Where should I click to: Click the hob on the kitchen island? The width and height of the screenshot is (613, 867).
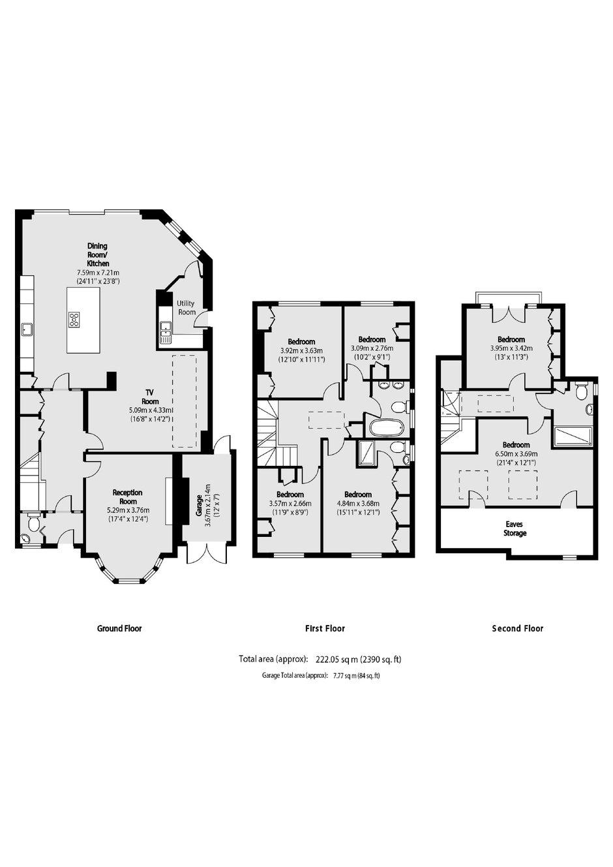click(x=74, y=320)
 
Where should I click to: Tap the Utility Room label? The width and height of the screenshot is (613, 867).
click(x=186, y=308)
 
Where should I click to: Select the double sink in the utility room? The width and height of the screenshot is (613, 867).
click(x=165, y=332)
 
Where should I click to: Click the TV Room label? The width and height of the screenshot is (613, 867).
click(x=150, y=397)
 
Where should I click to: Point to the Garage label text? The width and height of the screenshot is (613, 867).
click(x=198, y=506)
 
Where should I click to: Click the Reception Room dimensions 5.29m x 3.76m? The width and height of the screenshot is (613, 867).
click(x=128, y=510)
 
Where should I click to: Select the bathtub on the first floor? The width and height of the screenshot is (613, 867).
click(x=386, y=427)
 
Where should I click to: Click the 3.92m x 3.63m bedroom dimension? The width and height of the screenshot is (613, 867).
click(x=301, y=351)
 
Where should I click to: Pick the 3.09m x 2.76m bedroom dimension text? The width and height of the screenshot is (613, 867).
click(x=372, y=348)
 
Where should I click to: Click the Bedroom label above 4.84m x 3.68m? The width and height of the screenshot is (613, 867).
click(x=358, y=494)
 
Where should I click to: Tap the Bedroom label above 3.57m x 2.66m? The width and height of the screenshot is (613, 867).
click(x=290, y=494)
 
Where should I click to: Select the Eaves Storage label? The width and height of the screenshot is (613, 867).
click(x=515, y=528)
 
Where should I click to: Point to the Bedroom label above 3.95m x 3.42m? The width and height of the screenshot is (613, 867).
click(x=511, y=339)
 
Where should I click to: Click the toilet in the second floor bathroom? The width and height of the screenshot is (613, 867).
click(x=582, y=391)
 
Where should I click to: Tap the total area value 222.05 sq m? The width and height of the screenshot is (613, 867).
click(x=337, y=659)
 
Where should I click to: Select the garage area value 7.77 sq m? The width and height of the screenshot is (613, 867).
click(x=344, y=677)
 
